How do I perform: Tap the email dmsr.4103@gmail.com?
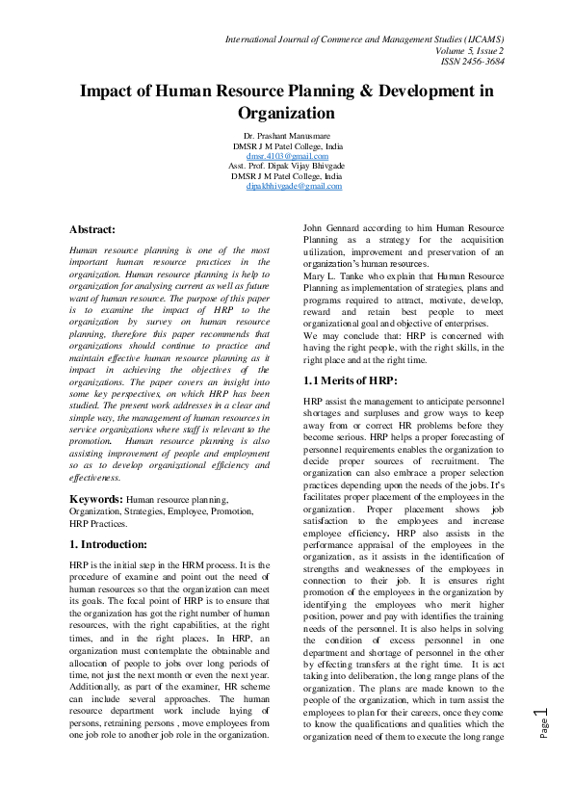click(287, 155)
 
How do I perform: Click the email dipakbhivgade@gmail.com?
click(294, 186)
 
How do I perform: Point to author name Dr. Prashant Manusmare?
click(287, 135)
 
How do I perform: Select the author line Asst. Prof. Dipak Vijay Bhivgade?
click(287, 166)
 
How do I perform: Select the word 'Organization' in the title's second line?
click(287, 113)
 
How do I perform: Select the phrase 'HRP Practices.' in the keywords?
click(98, 524)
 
